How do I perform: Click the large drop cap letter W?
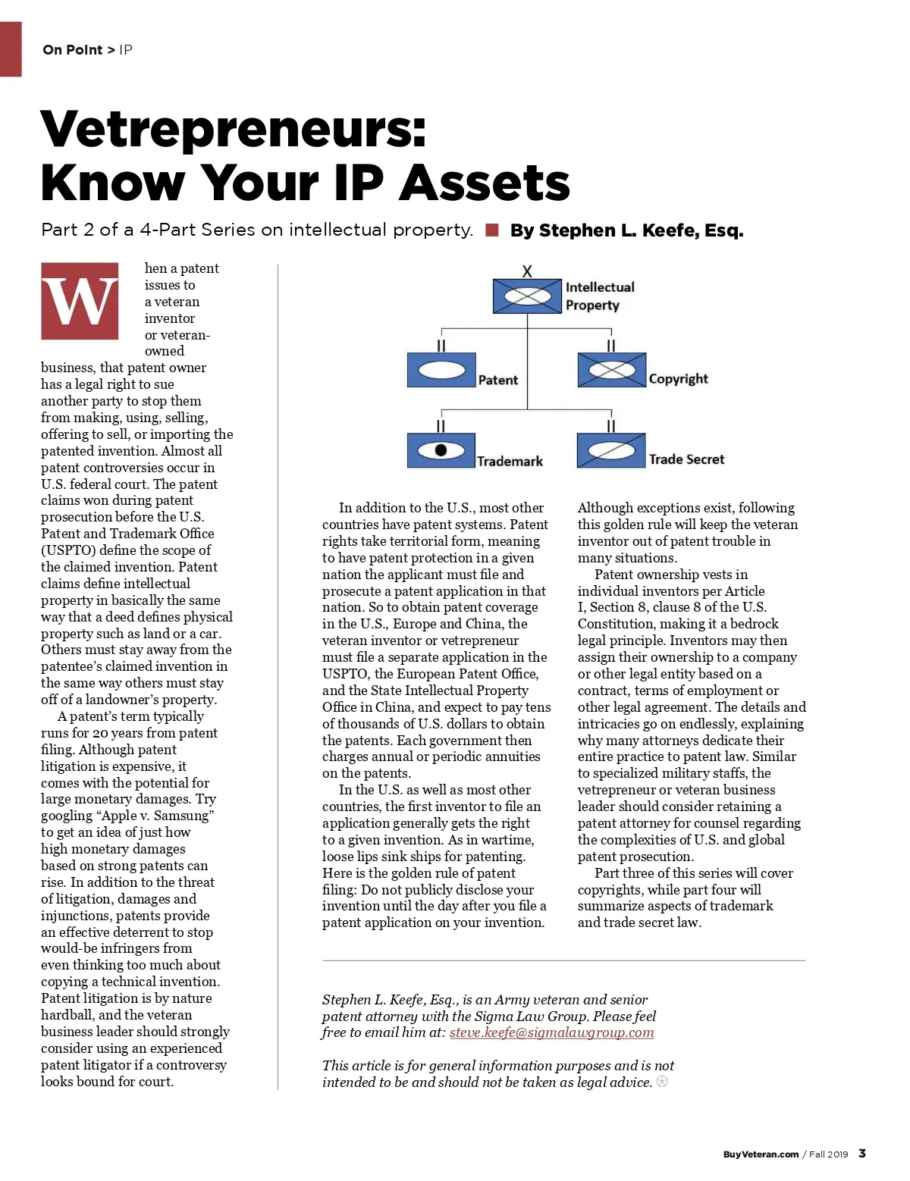[80, 301]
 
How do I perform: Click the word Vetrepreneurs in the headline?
[233, 129]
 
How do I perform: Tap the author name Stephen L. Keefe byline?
[626, 230]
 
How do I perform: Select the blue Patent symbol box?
[441, 370]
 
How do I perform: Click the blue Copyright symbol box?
[611, 370]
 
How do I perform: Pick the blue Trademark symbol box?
[441, 450]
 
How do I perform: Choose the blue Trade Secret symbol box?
[611, 450]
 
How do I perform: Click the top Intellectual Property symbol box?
[527, 296]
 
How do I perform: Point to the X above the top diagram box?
[527, 271]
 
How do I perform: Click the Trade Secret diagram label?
[686, 459]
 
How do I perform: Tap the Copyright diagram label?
[678, 379]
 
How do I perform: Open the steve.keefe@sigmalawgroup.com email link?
[551, 1032]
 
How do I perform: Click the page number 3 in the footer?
[861, 1154]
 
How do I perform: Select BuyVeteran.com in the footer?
[761, 1154]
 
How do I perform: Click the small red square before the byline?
[492, 230]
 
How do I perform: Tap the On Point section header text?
[73, 50]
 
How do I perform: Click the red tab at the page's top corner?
[11, 49]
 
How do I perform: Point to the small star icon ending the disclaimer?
[662, 1082]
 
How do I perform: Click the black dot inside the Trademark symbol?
[441, 450]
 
